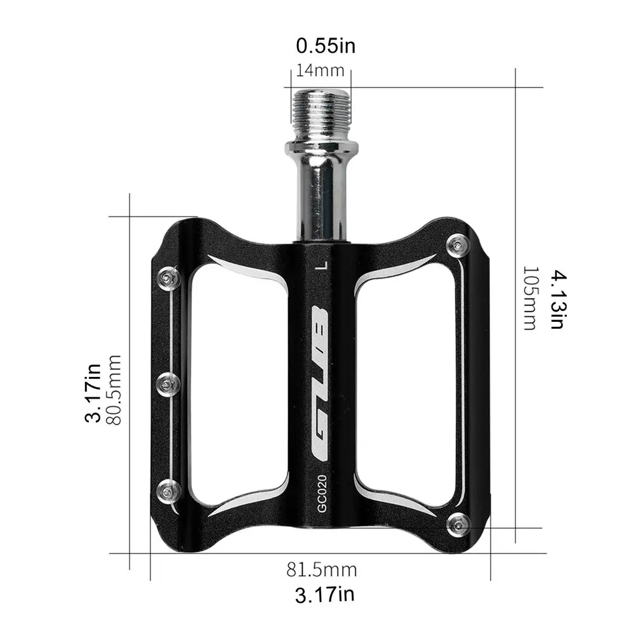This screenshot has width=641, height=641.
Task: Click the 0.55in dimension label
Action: (326, 46)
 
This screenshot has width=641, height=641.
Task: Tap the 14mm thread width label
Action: (320, 70)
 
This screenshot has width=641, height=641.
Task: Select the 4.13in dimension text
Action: (557, 300)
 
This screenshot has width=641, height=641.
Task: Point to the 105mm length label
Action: (529, 298)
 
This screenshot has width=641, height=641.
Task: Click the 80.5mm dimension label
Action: (114, 390)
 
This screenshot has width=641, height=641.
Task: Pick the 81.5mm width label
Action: (321, 569)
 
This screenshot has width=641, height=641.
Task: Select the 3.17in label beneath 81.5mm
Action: (324, 595)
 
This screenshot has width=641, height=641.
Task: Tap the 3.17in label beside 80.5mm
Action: (94, 392)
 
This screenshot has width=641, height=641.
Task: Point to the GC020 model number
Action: (322, 493)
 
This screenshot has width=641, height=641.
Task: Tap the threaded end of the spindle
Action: (320, 106)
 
